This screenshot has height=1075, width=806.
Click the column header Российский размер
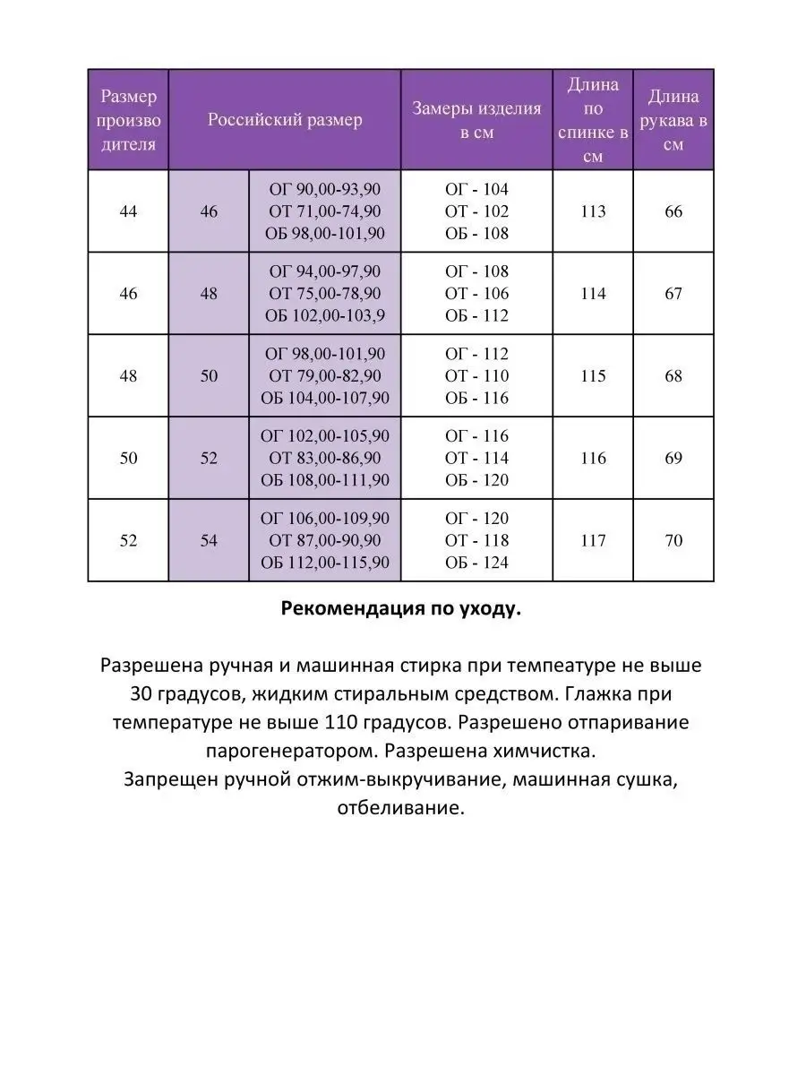coord(285,120)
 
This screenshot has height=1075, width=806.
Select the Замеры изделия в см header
coord(476,120)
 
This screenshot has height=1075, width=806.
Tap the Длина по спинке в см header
coord(593,120)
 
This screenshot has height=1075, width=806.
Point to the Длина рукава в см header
coord(673,120)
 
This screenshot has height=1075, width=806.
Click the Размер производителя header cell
coord(129,120)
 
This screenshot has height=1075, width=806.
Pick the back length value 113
coord(593,211)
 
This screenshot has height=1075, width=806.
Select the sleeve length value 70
coord(673,540)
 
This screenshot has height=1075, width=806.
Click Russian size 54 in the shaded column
coord(209,541)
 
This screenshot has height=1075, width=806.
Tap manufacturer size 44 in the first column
coord(129,212)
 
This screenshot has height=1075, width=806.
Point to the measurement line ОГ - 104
coord(476,190)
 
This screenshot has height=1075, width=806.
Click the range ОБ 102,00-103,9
coord(324,315)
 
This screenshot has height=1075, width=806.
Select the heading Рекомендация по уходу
coord(401,609)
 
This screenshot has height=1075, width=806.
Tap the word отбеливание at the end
coord(401,806)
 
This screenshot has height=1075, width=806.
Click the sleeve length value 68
coord(673,376)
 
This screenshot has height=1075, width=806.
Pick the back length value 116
coord(593,459)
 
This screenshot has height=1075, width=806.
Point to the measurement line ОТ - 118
coord(476,540)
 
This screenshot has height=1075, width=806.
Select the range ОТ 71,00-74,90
coord(324,211)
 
